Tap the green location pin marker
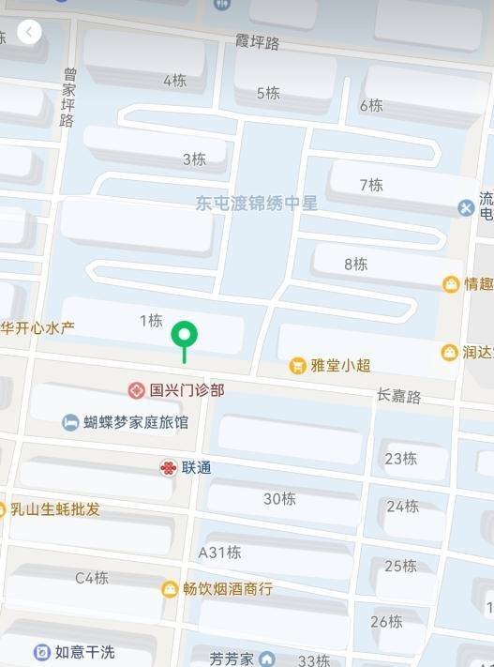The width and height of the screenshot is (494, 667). (185, 335)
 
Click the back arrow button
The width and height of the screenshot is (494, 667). (30, 33)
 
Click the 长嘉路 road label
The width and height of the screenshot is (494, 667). (399, 396)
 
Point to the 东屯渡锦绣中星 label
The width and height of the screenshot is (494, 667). (257, 203)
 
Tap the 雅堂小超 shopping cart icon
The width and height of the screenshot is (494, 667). (298, 365)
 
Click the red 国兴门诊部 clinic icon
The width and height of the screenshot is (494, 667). (137, 389)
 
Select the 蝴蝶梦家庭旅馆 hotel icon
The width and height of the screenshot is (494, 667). (70, 422)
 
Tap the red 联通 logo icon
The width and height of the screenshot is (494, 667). (168, 467)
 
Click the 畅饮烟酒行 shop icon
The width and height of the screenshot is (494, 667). (170, 589)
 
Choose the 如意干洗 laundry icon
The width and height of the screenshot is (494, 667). (41, 652)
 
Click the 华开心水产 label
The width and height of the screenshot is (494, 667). (37, 327)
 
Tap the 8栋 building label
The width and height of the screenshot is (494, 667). (355, 264)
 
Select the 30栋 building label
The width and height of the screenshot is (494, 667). (279, 498)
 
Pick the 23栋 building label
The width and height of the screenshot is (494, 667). (401, 458)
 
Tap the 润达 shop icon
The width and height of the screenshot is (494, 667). (450, 353)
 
